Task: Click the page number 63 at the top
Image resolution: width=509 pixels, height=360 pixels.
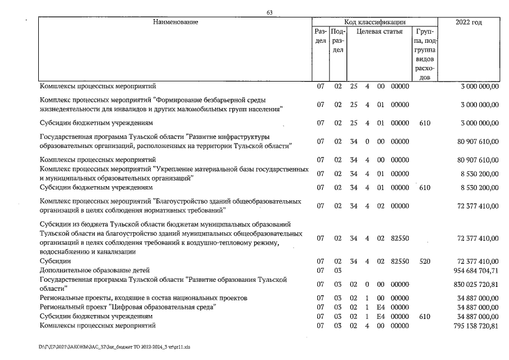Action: coord(269,13)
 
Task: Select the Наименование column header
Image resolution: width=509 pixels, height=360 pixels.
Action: coord(175,22)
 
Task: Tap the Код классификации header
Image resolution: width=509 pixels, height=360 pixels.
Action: coord(375,22)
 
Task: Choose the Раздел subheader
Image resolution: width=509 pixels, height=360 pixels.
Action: coord(321,37)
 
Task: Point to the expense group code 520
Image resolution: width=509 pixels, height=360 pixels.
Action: coord(425,262)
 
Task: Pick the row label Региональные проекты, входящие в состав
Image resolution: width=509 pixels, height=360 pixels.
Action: coord(143,298)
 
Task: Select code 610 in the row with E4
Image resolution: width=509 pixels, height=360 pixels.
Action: coord(425,317)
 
